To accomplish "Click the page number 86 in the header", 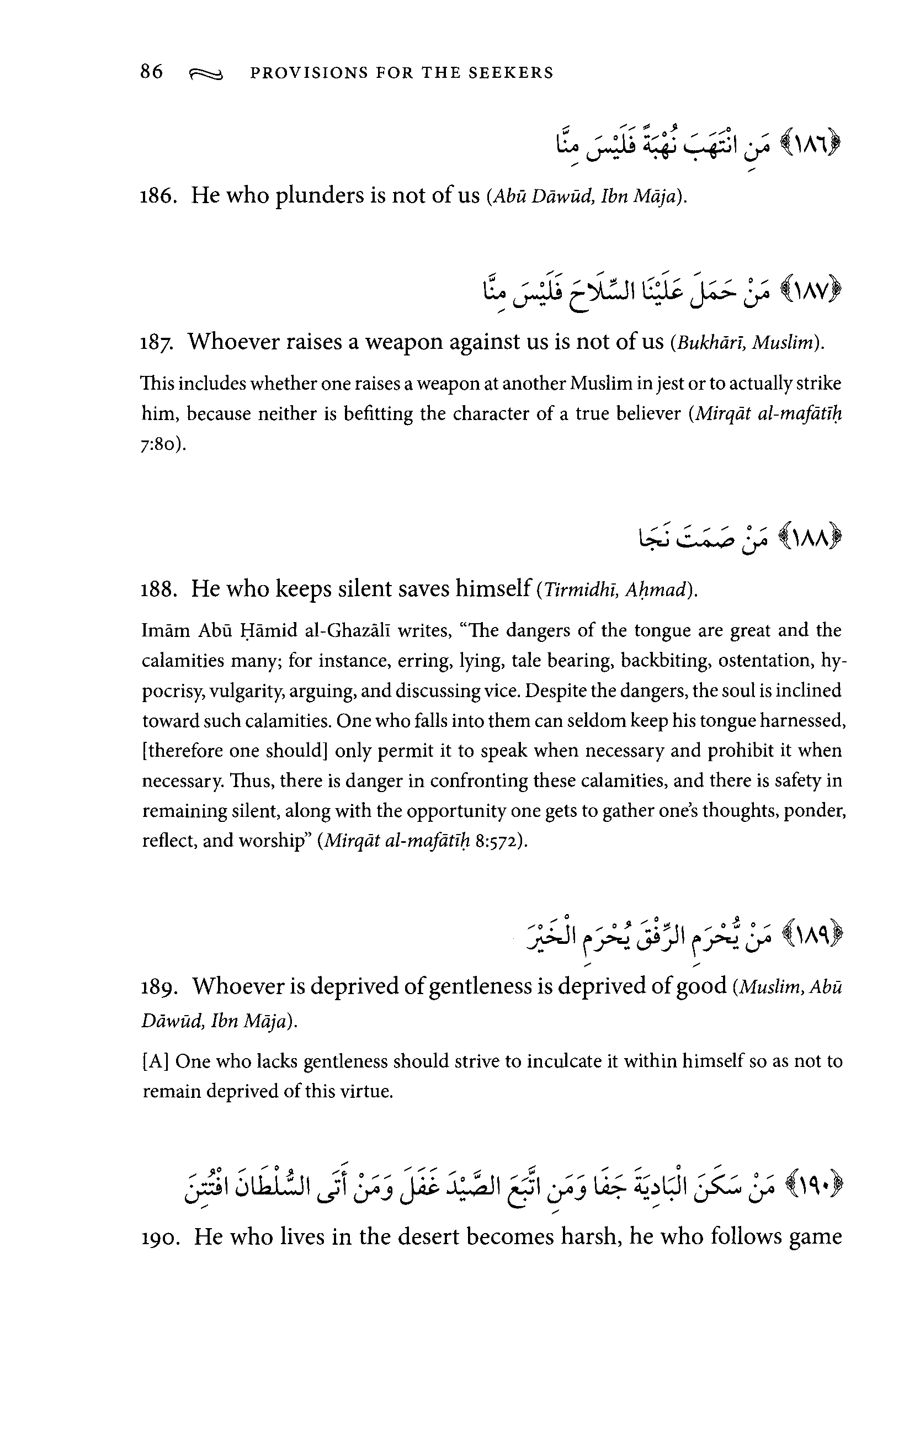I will (x=152, y=72).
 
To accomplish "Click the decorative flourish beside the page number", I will (x=206, y=74).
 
